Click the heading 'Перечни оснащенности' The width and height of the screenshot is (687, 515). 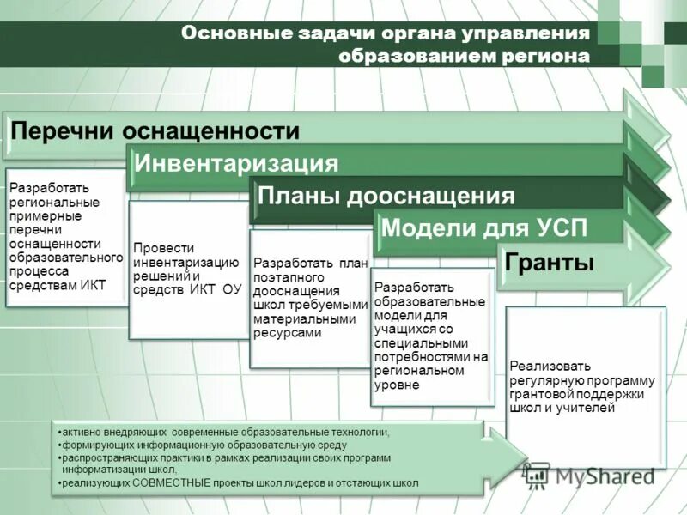tap(155, 131)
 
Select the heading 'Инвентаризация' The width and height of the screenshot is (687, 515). tap(237, 163)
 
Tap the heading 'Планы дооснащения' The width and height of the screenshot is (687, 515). tap(386, 196)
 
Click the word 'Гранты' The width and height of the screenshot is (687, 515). tap(550, 262)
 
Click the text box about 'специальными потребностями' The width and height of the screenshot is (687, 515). tap(431, 336)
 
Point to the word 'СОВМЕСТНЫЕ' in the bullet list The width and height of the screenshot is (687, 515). tap(172, 483)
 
